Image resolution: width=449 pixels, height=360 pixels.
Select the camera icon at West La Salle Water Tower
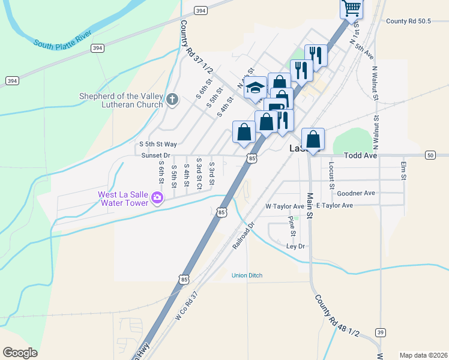click(x=157, y=197)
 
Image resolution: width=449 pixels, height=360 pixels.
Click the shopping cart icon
click(x=351, y=8)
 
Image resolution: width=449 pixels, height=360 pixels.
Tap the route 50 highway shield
click(x=430, y=155)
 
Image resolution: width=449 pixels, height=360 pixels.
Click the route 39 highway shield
click(x=380, y=332)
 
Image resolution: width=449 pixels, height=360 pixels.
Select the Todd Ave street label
click(x=360, y=155)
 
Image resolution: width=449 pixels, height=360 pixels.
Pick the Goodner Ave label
click(x=356, y=193)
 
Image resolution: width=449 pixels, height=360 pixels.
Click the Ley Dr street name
click(x=296, y=246)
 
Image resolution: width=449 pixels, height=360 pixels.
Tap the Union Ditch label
click(x=247, y=275)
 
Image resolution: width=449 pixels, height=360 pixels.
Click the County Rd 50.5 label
click(x=409, y=21)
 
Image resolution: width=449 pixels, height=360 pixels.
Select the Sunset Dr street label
click(x=156, y=155)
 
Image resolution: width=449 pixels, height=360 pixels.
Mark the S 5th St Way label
click(x=158, y=144)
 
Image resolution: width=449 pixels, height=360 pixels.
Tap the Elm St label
click(x=404, y=170)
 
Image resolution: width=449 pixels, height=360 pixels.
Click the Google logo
click(x=20, y=353)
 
